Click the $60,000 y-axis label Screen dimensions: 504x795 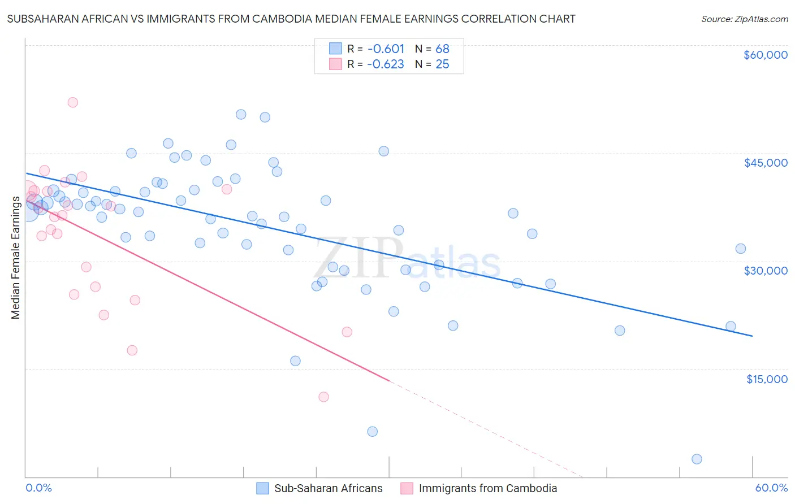765,55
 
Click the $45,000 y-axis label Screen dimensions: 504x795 765,163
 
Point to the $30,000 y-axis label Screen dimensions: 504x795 765,271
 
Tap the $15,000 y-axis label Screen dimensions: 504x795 766,379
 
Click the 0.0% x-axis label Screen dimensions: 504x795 38,488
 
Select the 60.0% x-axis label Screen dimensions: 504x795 771,488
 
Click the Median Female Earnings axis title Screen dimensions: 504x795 15,258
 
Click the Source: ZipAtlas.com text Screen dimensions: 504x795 744,19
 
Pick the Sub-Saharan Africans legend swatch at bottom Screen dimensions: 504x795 262,488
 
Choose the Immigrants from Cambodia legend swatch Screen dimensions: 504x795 407,488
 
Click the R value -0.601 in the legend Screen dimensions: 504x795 386,49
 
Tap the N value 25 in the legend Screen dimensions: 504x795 442,64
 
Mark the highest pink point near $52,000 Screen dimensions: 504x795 72,102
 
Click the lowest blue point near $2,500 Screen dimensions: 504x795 697,459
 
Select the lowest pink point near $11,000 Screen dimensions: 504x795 323,397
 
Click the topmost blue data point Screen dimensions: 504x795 241,114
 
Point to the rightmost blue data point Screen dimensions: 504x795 740,249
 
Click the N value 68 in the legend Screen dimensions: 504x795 442,49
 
